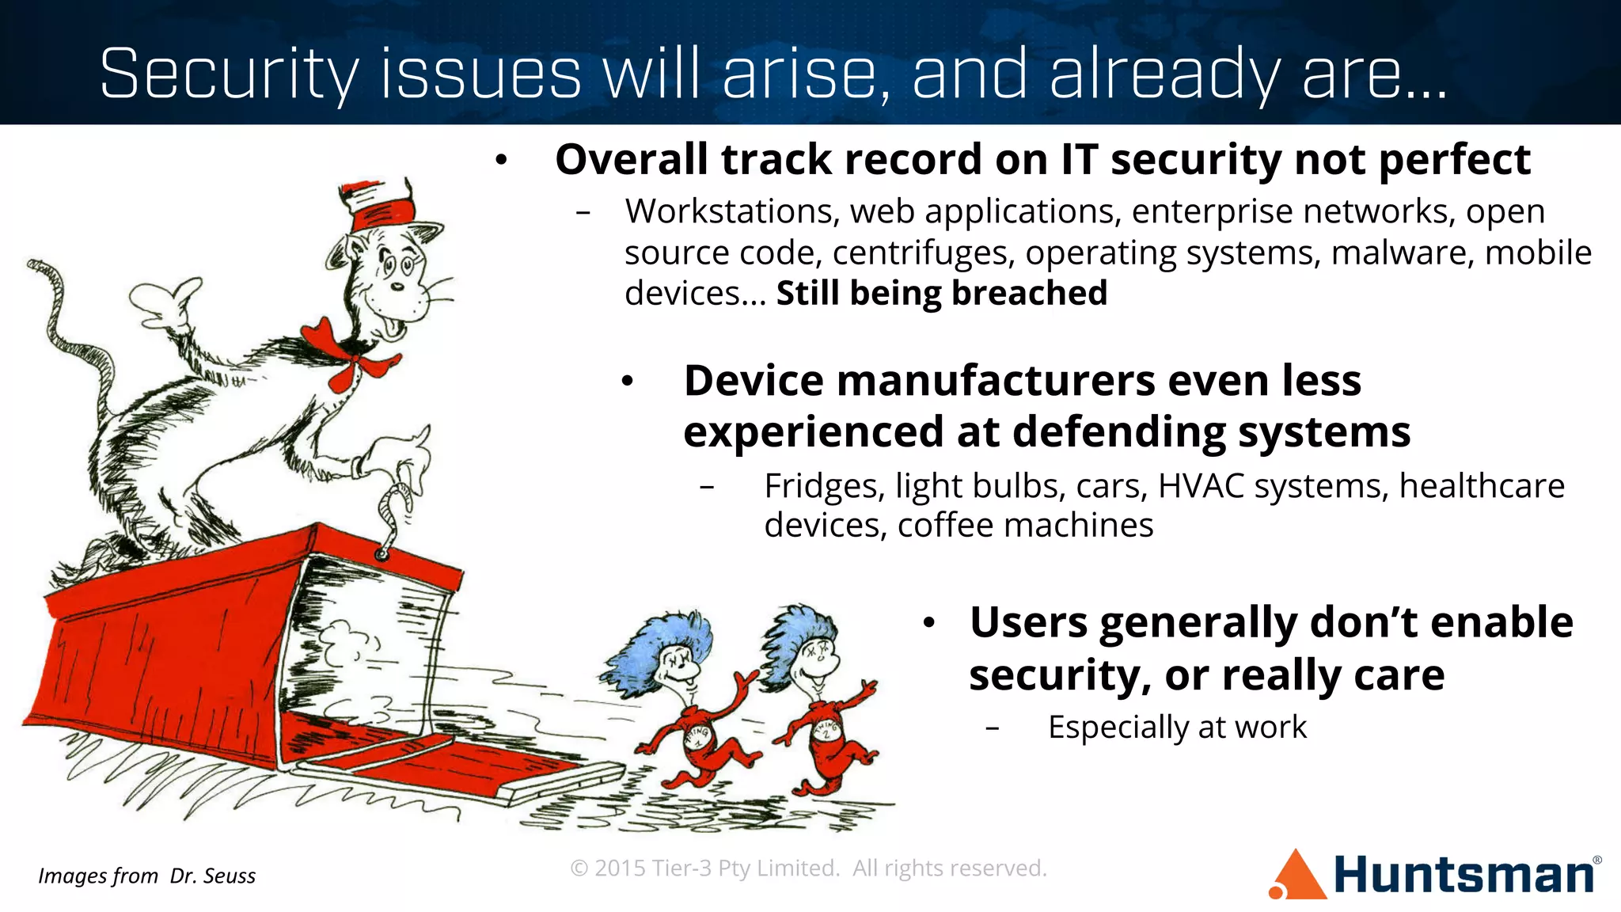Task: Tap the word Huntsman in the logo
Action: coord(1464,875)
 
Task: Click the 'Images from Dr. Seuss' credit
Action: coord(147,876)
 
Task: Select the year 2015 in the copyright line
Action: coord(620,868)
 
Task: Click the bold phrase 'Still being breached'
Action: coord(941,293)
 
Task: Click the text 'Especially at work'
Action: coord(1177,727)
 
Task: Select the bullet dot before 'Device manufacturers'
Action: coord(628,382)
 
